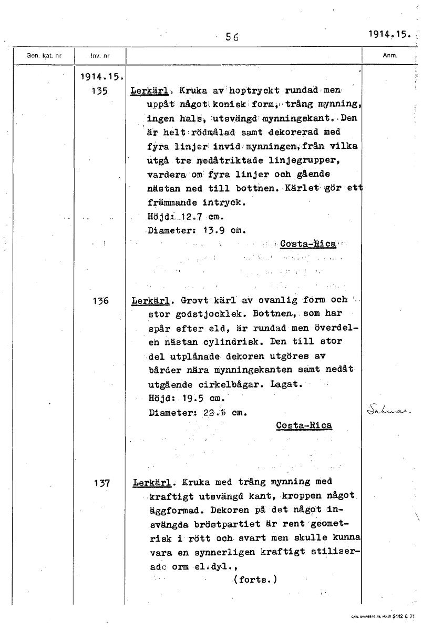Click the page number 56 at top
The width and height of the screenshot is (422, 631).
coord(232,37)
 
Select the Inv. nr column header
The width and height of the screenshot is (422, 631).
coord(100,55)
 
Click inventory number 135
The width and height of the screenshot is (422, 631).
coord(99,90)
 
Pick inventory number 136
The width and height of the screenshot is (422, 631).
coord(99,301)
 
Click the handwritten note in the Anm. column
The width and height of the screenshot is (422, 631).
coord(389,409)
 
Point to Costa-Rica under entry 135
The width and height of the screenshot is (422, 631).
coord(308,244)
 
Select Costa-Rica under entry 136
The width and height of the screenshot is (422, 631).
coord(304,425)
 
